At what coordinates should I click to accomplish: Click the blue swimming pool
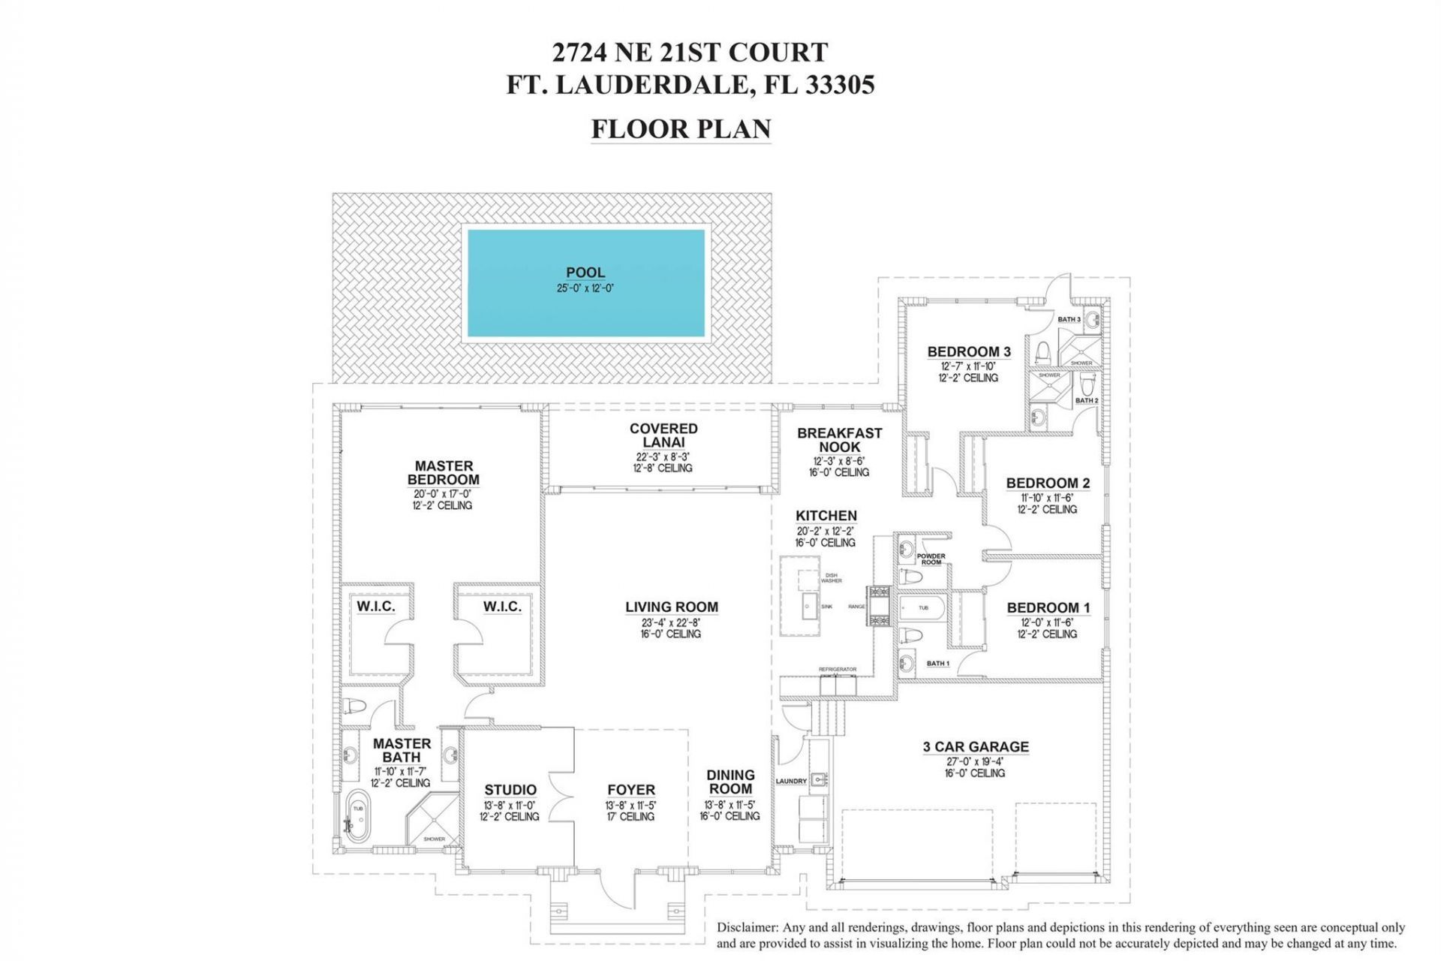click(x=586, y=283)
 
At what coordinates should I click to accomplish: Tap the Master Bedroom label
click(x=443, y=473)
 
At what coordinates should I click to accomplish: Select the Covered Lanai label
click(x=663, y=435)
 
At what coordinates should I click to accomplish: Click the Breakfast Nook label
click(x=839, y=440)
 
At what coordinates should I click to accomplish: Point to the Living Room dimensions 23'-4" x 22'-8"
click(x=671, y=622)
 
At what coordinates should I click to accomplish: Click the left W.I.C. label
click(x=376, y=606)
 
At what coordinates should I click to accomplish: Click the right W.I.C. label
click(x=502, y=606)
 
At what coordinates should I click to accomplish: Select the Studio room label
click(x=510, y=790)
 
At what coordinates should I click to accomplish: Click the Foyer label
click(x=631, y=790)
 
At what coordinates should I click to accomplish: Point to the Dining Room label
click(x=730, y=782)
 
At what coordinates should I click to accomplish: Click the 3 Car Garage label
click(x=976, y=747)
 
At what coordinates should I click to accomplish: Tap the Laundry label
click(x=791, y=782)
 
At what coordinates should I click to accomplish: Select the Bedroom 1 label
click(x=1048, y=608)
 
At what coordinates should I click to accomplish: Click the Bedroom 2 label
click(x=1048, y=484)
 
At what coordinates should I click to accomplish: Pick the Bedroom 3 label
click(x=969, y=351)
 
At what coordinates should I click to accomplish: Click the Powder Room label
click(x=931, y=559)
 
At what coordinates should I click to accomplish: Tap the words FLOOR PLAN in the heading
click(x=681, y=128)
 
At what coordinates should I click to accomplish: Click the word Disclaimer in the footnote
click(x=747, y=928)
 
